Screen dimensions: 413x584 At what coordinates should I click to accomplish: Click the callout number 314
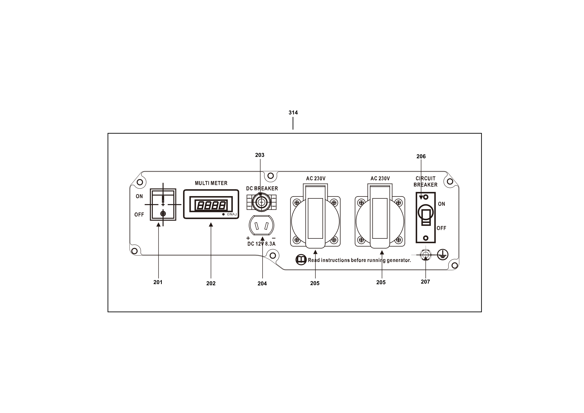pos(293,113)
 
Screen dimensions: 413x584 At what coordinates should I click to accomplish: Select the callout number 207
pos(425,282)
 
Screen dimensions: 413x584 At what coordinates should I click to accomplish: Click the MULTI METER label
pos(211,183)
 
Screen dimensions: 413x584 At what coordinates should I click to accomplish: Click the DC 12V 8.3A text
pos(261,244)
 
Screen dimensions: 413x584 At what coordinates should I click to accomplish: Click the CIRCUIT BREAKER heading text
pos(425,182)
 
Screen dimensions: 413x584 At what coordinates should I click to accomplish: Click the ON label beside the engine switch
pos(139,196)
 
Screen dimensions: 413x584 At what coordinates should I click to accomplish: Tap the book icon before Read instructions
pos(301,260)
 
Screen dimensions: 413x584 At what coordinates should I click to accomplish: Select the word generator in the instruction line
pos(398,260)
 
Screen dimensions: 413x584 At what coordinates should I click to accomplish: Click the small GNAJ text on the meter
pos(232,214)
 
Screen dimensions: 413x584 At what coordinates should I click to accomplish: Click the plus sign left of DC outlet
pos(248,238)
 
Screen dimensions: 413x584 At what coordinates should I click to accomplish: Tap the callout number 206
pos(421,156)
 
